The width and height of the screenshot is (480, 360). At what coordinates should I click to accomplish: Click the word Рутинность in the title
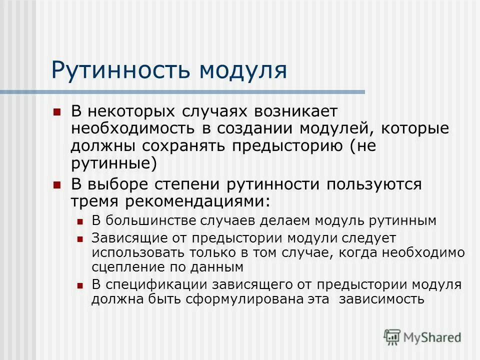tap(120, 70)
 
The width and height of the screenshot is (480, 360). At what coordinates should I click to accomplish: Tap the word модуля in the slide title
tap(243, 70)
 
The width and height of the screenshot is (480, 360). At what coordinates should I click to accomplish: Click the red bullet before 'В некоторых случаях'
tap(56, 111)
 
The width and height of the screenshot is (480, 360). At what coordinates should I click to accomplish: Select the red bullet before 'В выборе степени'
tap(56, 184)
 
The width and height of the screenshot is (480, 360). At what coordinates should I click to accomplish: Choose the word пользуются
tap(374, 184)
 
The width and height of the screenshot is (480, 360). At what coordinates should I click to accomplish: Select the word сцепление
tap(124, 267)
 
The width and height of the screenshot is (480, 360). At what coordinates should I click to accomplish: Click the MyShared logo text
tap(432, 337)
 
